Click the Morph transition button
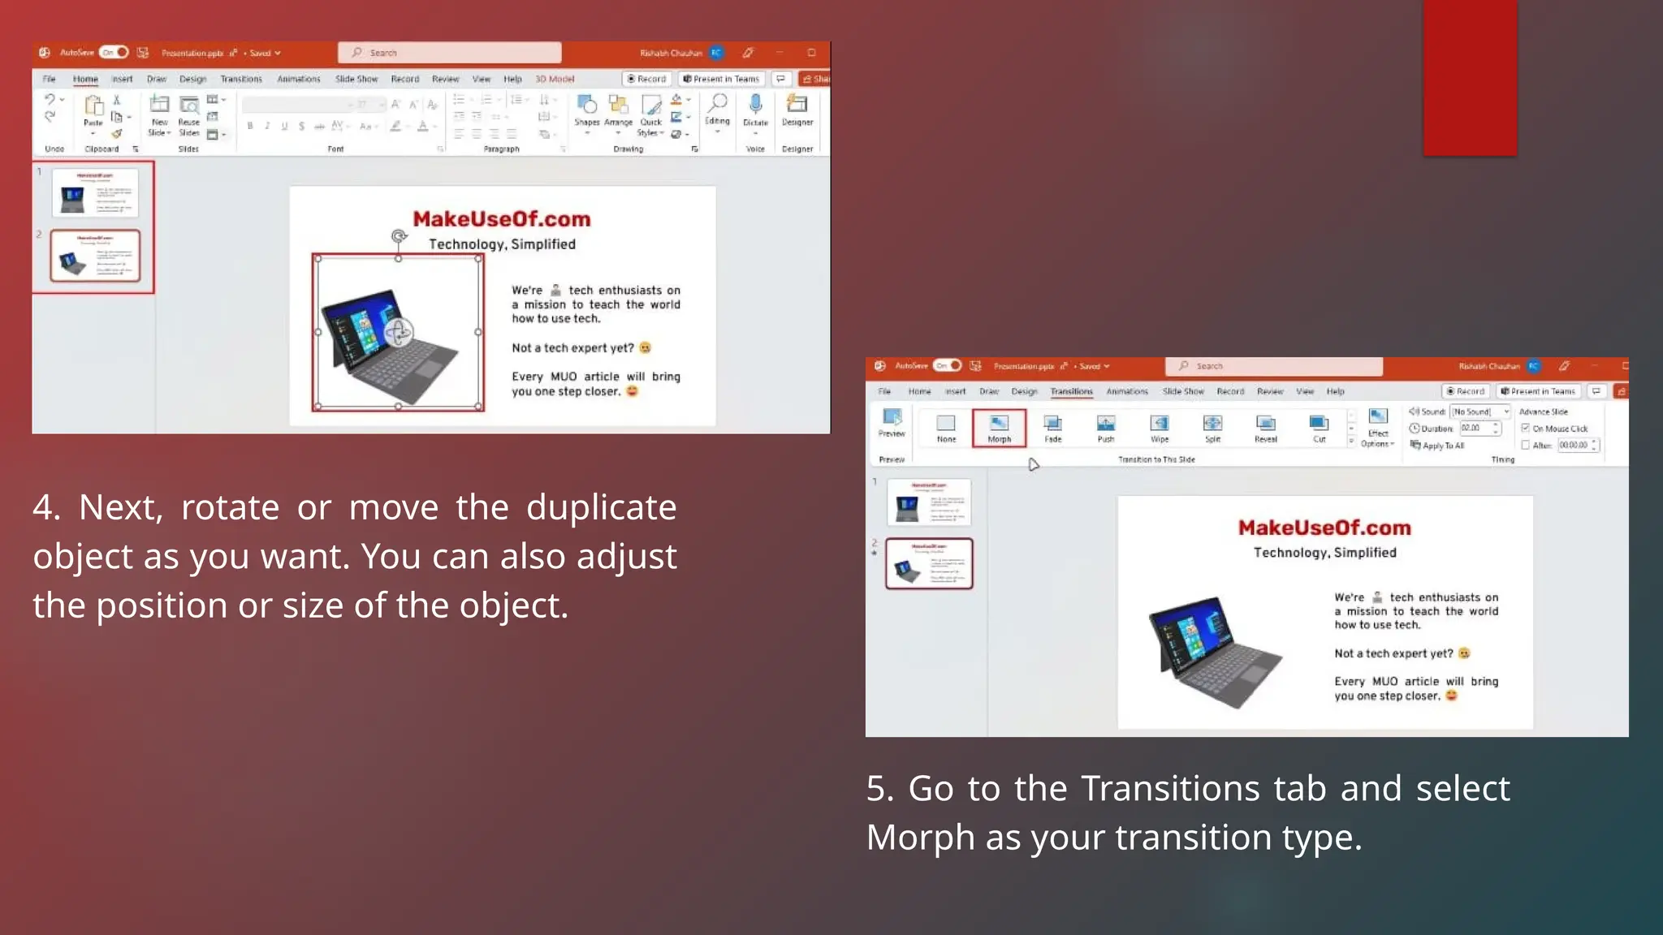click(999, 428)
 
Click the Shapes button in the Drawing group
click(586, 110)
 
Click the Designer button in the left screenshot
click(797, 110)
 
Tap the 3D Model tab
click(555, 79)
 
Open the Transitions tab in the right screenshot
click(1071, 391)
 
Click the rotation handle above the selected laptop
click(398, 236)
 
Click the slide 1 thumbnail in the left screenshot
click(95, 193)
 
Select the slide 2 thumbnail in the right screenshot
click(929, 563)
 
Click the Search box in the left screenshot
click(449, 53)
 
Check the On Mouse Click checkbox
click(1526, 429)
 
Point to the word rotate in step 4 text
click(230, 507)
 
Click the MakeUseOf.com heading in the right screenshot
click(1324, 528)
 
